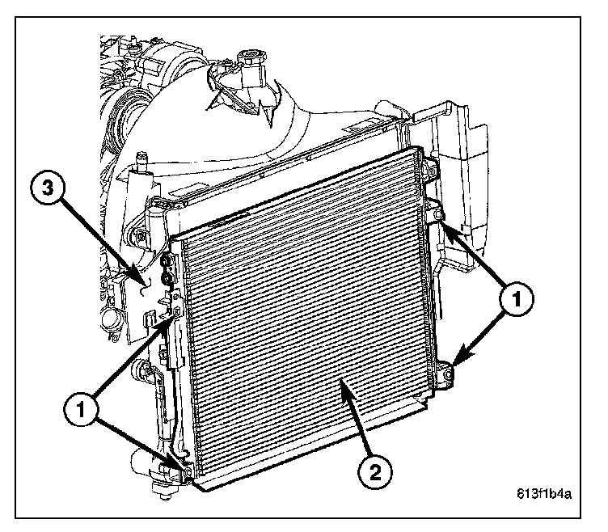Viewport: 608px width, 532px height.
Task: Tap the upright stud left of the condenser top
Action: [x=142, y=163]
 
